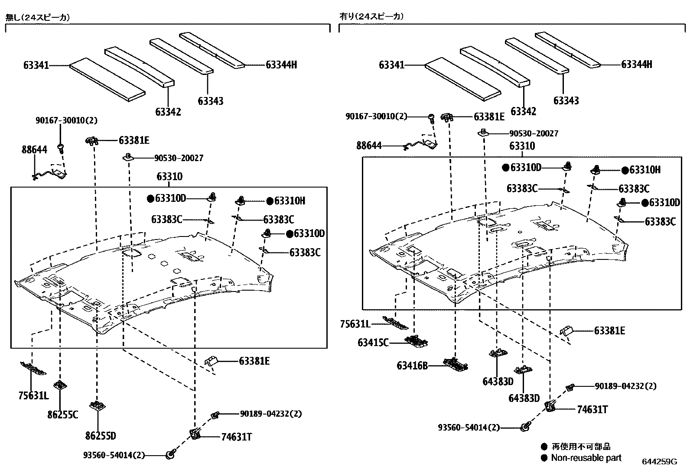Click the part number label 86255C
coord(62,414)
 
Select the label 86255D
coord(101,436)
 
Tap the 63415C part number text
coord(373,343)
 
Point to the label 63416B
coord(412,366)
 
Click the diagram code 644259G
coord(659,462)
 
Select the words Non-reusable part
coord(586,458)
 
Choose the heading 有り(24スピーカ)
coord(371,16)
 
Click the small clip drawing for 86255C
coord(60,385)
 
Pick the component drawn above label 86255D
coord(98,405)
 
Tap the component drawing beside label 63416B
coord(453,363)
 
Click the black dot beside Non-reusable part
coord(544,458)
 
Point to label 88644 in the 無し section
coord(34,150)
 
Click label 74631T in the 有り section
coord(592,409)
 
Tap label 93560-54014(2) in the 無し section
coord(114,455)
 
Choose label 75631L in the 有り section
coord(355,324)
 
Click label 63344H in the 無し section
coord(281,65)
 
